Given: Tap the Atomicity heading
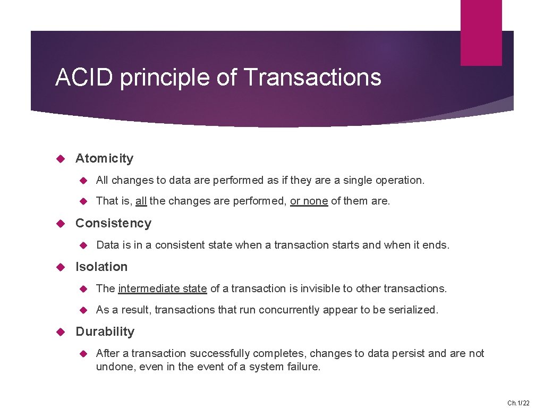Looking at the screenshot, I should pos(104,158).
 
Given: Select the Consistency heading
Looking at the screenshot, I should pos(113,223).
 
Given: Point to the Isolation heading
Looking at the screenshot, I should pos(101,267).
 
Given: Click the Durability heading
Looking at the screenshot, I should pos(105,331).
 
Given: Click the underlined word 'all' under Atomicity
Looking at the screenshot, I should pos(141,201).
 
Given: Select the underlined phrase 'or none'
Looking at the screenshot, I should pos(309,201).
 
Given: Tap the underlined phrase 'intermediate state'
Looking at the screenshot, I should pos(163,288).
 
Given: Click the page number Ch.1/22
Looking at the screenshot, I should pos(518,403).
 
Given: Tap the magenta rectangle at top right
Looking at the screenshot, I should pos(481,32).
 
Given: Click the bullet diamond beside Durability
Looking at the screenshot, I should pos(60,331).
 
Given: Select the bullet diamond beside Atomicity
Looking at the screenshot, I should pos(60,158).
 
